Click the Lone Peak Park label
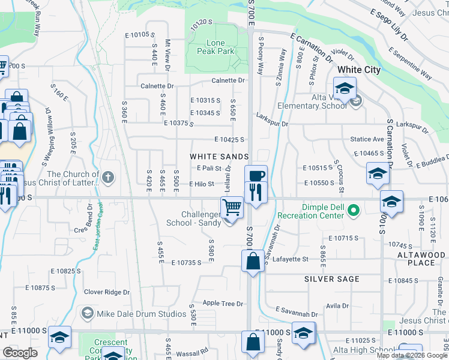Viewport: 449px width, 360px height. pyautogui.click(x=215, y=47)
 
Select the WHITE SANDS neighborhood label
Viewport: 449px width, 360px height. pyautogui.click(x=219, y=156)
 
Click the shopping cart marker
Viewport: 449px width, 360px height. pyautogui.click(x=232, y=208)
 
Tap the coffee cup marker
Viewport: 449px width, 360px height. pyautogui.click(x=256, y=176)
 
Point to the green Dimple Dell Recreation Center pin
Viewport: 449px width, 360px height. pyautogui.click(x=354, y=210)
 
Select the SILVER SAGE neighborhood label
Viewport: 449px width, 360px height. pyautogui.click(x=332, y=279)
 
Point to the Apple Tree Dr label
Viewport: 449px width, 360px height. pyautogui.click(x=223, y=304)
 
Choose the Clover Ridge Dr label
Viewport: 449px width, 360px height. pyautogui.click(x=106, y=292)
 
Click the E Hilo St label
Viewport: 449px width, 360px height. pyautogui.click(x=202, y=184)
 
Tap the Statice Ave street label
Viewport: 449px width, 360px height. pyautogui.click(x=367, y=139)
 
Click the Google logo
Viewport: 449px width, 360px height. pyautogui.click(x=20, y=353)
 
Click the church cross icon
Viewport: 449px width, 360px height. pyautogui.click(x=107, y=177)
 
